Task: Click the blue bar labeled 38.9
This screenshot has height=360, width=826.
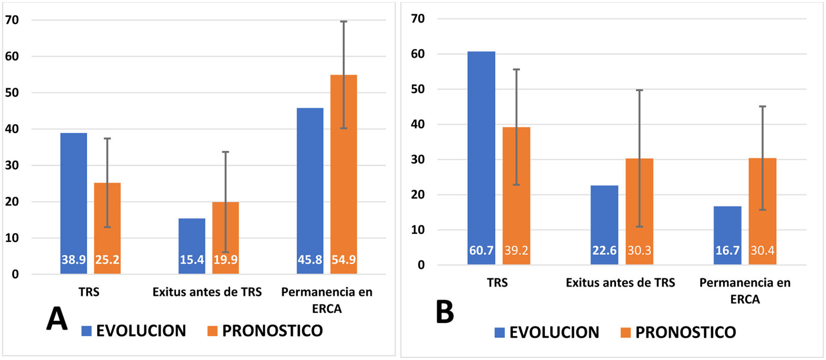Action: (74, 203)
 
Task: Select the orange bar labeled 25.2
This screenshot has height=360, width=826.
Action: (107, 228)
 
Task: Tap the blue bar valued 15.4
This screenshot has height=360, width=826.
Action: (192, 246)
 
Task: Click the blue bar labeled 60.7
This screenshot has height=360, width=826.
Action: (481, 158)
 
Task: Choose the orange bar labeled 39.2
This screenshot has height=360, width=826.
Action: (516, 196)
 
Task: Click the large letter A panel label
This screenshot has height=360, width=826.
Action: (56, 319)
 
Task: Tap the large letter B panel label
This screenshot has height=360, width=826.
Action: (445, 312)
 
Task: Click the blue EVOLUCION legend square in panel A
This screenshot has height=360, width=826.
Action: (86, 331)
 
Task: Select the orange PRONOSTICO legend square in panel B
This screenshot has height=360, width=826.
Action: (626, 333)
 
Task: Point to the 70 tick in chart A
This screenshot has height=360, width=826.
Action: (12, 20)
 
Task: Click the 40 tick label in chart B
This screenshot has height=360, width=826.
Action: (417, 124)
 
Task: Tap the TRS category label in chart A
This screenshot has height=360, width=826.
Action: (89, 292)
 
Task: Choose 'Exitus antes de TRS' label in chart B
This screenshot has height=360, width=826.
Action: (620, 283)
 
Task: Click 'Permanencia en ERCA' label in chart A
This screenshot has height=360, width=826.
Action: (326, 300)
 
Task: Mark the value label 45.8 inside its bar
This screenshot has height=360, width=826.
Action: (310, 260)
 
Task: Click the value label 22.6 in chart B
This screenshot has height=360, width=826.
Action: (604, 250)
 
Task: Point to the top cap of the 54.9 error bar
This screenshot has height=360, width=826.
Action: (344, 21)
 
